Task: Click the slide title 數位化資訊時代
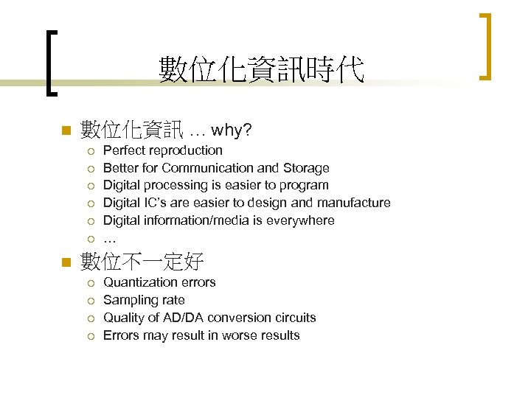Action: tap(261, 70)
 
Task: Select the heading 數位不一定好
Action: tap(142, 261)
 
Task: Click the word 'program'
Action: tap(305, 186)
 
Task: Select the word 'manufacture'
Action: tap(355, 203)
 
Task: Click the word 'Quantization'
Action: tap(139, 282)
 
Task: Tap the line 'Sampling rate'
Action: tap(144, 300)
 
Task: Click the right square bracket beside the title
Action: tap(485, 46)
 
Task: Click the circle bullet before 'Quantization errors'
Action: tap(89, 283)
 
